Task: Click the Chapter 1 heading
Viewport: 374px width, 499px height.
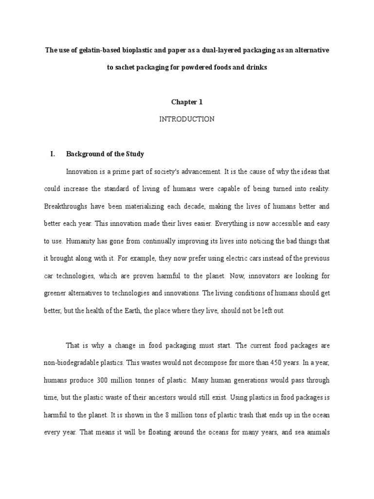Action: tap(187, 102)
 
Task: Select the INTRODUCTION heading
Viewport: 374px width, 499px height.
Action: tap(187, 119)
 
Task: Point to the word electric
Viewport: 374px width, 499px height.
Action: tap(226, 258)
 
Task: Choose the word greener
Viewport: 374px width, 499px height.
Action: tap(57, 293)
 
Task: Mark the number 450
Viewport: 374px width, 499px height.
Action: tap(269, 363)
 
